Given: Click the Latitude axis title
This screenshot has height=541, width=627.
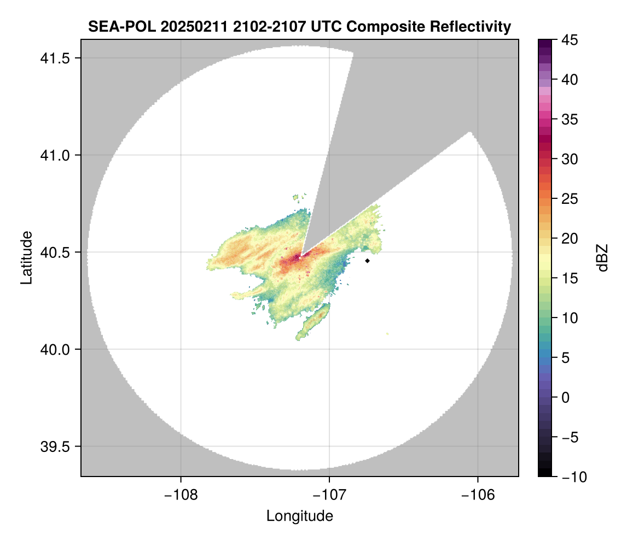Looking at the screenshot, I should click(26, 257).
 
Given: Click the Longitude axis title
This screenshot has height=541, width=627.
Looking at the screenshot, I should click(299, 515).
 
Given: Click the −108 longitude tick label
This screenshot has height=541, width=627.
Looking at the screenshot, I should click(180, 495).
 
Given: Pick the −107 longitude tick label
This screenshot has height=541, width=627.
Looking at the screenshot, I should click(329, 495).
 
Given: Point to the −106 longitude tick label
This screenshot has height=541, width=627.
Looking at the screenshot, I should click(478, 495).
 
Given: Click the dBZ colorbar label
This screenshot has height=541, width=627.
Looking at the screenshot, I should click(602, 257).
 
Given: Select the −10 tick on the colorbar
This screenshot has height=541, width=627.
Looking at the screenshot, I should click(572, 477).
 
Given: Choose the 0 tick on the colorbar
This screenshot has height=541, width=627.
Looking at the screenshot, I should click(565, 397).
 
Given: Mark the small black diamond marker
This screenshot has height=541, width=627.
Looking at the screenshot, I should click(368, 261).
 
